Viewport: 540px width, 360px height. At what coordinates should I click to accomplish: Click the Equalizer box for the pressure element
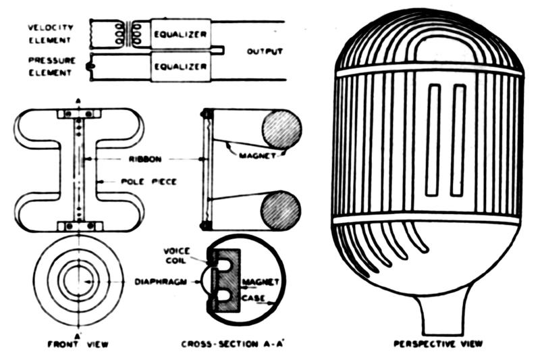click(180, 66)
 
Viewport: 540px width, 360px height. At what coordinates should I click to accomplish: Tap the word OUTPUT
click(265, 51)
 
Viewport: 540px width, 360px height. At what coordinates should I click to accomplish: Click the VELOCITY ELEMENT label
click(48, 32)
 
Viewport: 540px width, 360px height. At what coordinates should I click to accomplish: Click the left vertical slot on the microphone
click(433, 140)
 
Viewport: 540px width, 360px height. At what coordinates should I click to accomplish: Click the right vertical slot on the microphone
click(458, 140)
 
